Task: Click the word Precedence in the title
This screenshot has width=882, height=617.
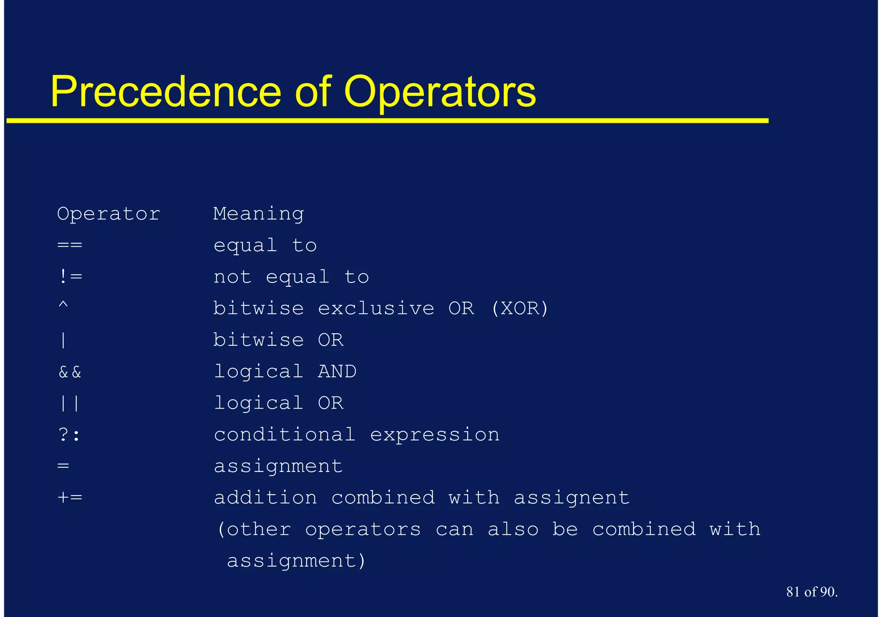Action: point(165,92)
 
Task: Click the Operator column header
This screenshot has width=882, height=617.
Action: point(109,214)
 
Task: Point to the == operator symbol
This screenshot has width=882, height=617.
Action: point(70,245)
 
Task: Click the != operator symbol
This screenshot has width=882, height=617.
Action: point(70,276)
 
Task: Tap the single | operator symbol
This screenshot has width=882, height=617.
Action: point(63,340)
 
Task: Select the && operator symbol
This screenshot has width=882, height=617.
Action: point(70,372)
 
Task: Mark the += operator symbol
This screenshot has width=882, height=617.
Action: point(70,498)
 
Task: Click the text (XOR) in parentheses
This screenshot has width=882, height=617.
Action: point(520,308)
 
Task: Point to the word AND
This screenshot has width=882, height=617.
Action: point(337,372)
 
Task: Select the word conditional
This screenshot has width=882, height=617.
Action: point(285,434)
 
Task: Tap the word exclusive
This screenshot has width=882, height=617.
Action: point(376,308)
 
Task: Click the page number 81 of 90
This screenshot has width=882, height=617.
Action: point(812,592)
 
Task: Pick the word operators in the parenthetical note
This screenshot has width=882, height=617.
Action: point(363,530)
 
